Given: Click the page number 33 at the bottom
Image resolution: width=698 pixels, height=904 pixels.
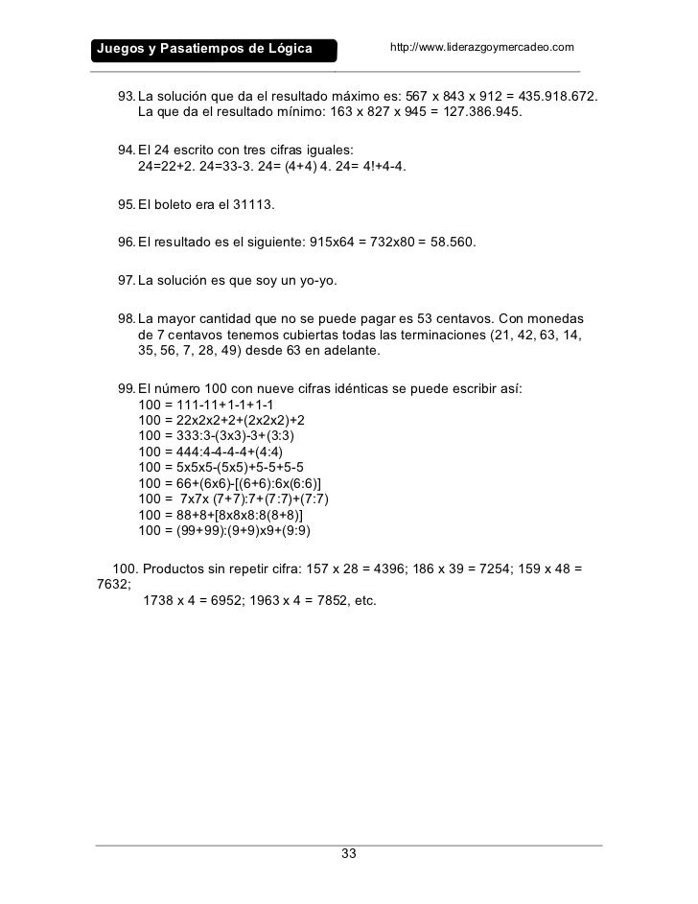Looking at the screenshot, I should (349, 854).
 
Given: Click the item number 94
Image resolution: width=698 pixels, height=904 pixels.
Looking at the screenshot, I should (126, 151).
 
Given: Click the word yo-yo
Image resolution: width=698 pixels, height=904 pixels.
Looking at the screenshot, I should (315, 280).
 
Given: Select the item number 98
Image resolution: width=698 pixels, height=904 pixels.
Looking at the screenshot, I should (126, 318).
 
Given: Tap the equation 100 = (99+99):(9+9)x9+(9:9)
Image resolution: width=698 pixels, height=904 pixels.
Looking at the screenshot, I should (224, 530).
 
